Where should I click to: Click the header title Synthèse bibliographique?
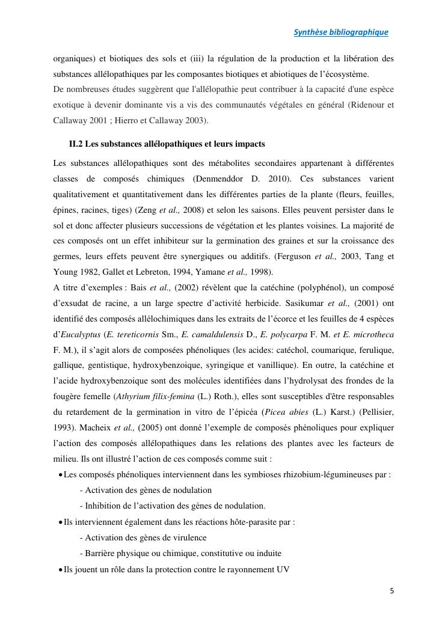coord(340,32)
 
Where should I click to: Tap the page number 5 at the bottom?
coord(392,591)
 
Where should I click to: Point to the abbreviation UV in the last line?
coord(283,569)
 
